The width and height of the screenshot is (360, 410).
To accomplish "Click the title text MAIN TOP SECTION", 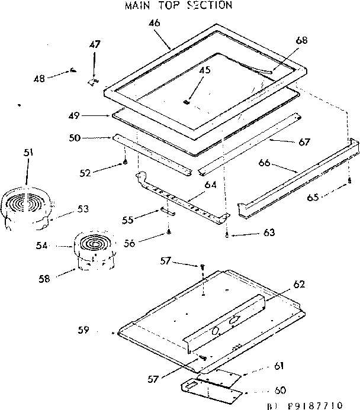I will (178, 5).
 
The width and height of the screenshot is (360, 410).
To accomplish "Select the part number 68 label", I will (302, 40).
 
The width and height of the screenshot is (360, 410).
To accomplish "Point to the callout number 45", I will (205, 69).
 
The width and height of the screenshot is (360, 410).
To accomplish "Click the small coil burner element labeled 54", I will (92, 244).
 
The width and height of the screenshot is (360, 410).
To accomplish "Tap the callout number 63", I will (269, 233).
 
